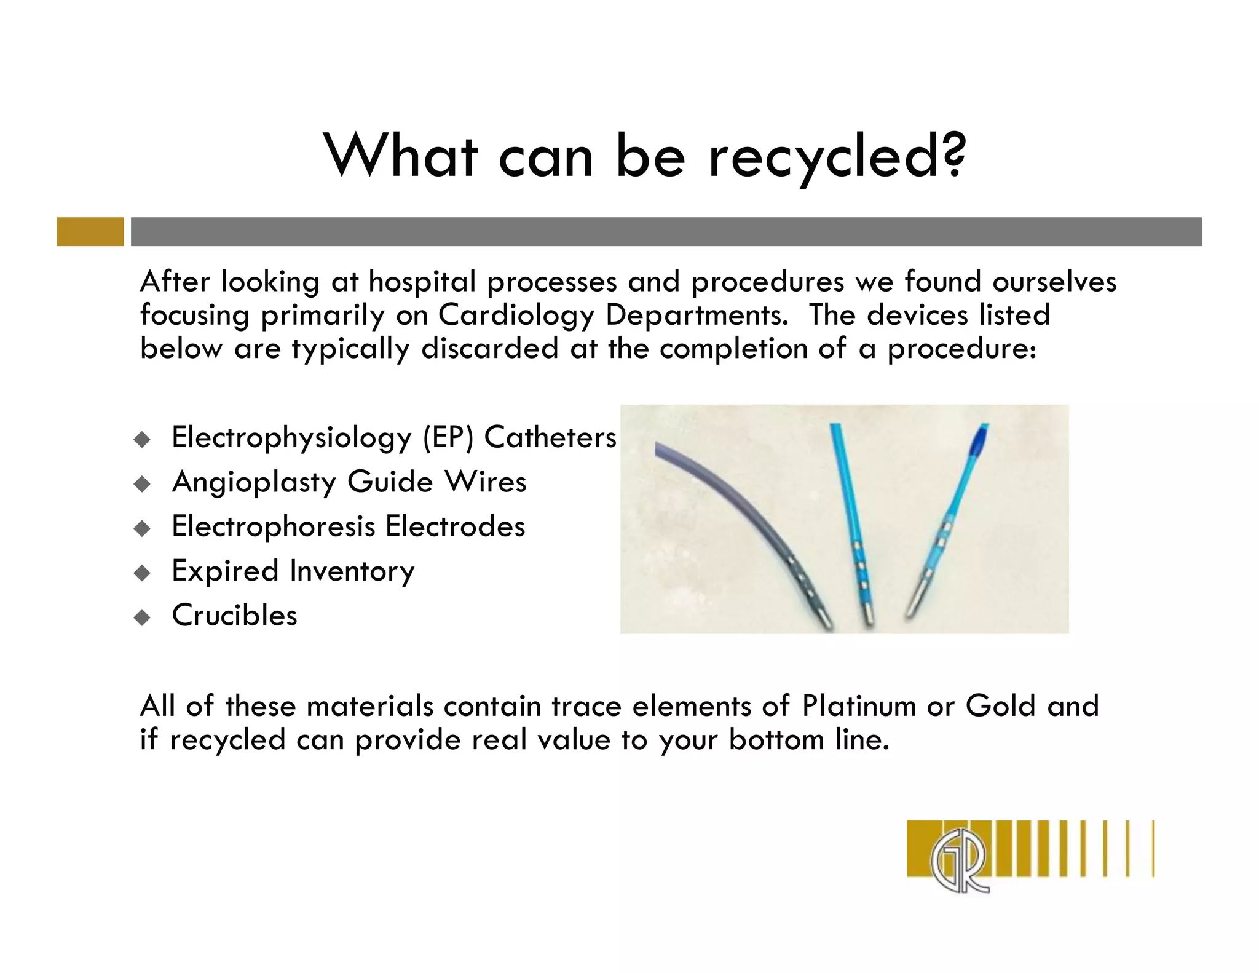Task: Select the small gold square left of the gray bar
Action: click(90, 232)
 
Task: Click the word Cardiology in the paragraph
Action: click(516, 316)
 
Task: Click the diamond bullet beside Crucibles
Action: click(142, 617)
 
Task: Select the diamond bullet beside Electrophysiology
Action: click(142, 439)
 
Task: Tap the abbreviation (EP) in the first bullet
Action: click(448, 438)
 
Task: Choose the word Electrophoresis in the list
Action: click(273, 526)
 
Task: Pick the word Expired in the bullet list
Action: click(225, 571)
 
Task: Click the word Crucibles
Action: click(234, 615)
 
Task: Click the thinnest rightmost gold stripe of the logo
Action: click(1153, 848)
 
